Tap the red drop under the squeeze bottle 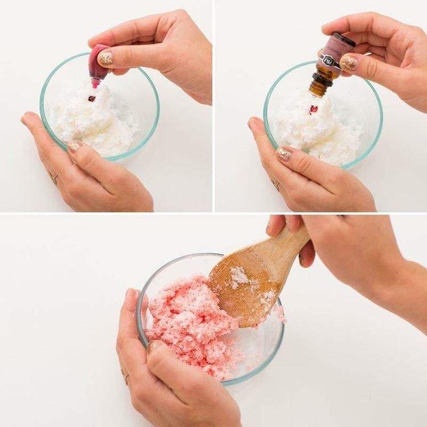click(91, 98)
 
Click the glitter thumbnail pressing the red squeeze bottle click(105, 58)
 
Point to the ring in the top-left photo click(54, 178)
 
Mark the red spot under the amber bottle click(312, 108)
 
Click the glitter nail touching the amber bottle click(348, 63)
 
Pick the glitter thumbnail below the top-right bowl click(284, 154)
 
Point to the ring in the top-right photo click(276, 184)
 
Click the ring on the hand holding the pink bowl click(125, 376)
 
